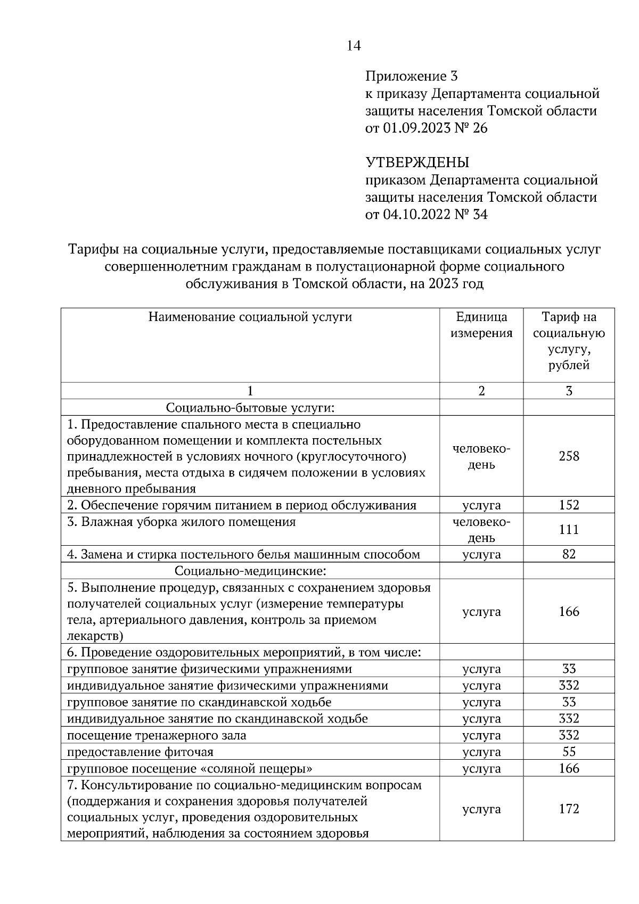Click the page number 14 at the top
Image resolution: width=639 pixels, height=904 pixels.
(x=354, y=46)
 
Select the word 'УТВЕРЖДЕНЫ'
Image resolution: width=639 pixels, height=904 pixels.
(x=417, y=162)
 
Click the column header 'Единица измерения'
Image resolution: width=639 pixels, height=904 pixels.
(x=481, y=325)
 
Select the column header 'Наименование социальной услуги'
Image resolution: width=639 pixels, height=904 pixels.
(x=250, y=317)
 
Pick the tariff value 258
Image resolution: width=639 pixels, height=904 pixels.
(x=569, y=456)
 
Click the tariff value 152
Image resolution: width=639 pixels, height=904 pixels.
(x=569, y=505)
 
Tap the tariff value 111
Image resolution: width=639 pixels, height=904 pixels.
(x=569, y=530)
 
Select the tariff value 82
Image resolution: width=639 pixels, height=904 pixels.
(x=569, y=554)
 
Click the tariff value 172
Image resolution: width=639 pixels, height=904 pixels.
(x=569, y=809)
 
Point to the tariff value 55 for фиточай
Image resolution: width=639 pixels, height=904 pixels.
(x=569, y=752)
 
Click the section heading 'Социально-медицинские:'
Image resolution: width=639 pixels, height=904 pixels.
(x=250, y=571)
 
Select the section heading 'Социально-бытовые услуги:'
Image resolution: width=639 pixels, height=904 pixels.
(x=250, y=408)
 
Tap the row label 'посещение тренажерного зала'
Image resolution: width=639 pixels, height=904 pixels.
(x=157, y=735)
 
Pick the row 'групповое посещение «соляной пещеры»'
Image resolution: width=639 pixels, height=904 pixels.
(x=190, y=768)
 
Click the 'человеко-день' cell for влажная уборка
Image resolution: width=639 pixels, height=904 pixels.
(x=481, y=530)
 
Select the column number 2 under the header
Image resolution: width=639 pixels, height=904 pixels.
(x=481, y=391)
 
